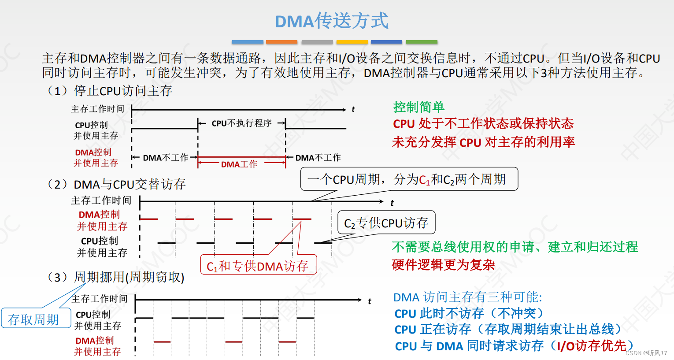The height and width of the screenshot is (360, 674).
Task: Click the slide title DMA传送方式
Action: tap(332, 21)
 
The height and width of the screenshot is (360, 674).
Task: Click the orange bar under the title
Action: tap(281, 42)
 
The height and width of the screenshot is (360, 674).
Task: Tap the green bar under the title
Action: tap(422, 42)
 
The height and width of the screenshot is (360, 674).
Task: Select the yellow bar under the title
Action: tap(352, 42)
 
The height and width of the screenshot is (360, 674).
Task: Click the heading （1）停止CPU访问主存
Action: tap(109, 91)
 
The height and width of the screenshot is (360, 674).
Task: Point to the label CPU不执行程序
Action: tap(241, 123)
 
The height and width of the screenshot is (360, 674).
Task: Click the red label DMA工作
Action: tap(239, 164)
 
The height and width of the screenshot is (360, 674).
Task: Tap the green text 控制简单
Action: tap(418, 107)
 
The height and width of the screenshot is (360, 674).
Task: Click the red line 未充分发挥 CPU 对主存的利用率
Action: tap(483, 142)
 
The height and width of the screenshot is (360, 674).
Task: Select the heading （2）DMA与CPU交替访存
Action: tap(116, 184)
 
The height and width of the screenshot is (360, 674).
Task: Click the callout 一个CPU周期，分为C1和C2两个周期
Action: tap(409, 179)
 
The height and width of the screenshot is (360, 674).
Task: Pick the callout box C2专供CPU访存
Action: tap(386, 223)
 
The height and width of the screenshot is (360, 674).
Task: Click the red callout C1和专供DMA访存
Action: tap(258, 266)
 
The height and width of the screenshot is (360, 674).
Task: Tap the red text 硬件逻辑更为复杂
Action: tap(443, 265)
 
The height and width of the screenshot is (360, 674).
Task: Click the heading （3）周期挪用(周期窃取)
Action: tap(115, 277)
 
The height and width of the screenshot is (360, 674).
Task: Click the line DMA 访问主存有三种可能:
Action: tap(467, 297)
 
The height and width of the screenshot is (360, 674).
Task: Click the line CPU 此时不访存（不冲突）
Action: tap(469, 313)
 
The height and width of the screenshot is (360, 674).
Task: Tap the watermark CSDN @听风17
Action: tap(646, 353)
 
